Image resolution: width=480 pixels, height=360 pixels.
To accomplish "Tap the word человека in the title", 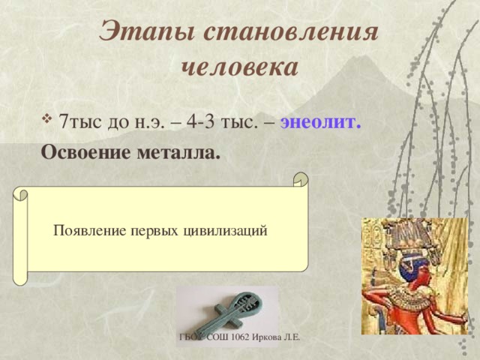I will tap(240, 67).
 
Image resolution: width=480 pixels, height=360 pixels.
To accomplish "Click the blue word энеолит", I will tap(322, 121).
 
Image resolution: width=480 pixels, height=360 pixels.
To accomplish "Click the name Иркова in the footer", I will tap(273, 339).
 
